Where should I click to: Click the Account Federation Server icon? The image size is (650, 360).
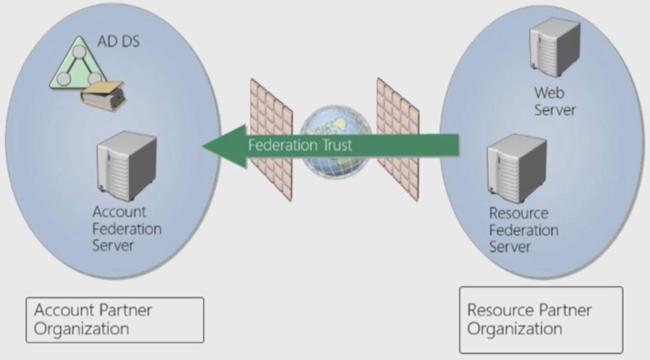tap(126, 166)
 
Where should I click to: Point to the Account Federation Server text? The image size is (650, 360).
tap(127, 228)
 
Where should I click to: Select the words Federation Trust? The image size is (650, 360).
tap(300, 145)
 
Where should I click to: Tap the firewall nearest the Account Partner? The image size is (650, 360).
tap(271, 139)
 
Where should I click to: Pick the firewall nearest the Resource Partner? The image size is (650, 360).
tap(397, 139)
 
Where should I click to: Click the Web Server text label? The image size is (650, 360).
tap(555, 101)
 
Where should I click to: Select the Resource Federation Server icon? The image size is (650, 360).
tap(516, 169)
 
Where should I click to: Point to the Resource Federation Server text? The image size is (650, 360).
tap(523, 230)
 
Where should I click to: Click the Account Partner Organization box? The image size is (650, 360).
tap(115, 319)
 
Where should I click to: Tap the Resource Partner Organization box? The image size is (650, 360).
tap(541, 319)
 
